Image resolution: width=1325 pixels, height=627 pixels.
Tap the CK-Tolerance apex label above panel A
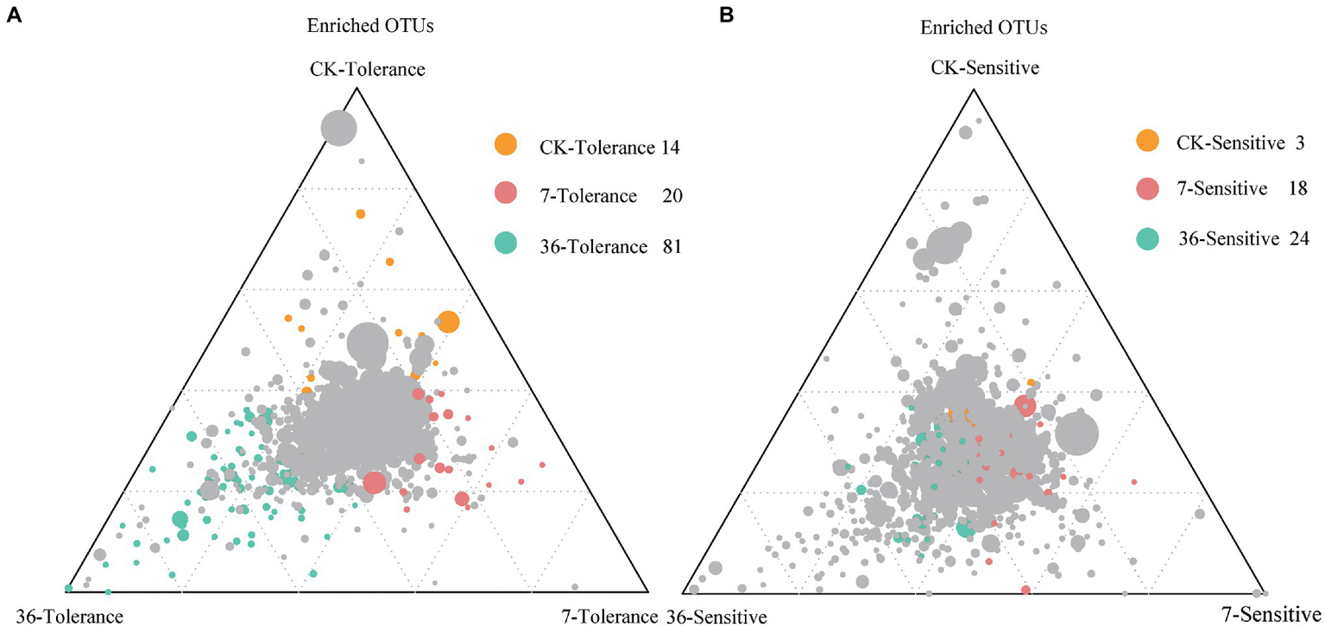click(368, 68)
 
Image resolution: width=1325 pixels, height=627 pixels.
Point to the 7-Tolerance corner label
click(603, 616)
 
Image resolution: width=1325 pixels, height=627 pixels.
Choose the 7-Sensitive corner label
click(1271, 614)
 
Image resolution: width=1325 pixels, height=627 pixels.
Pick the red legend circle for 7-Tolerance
click(506, 195)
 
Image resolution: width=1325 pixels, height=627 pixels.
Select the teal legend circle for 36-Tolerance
click(506, 244)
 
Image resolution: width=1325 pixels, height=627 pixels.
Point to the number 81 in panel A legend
click(672, 246)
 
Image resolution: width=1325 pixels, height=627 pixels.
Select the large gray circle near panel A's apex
click(338, 128)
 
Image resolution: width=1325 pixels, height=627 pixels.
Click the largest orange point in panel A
click(448, 322)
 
